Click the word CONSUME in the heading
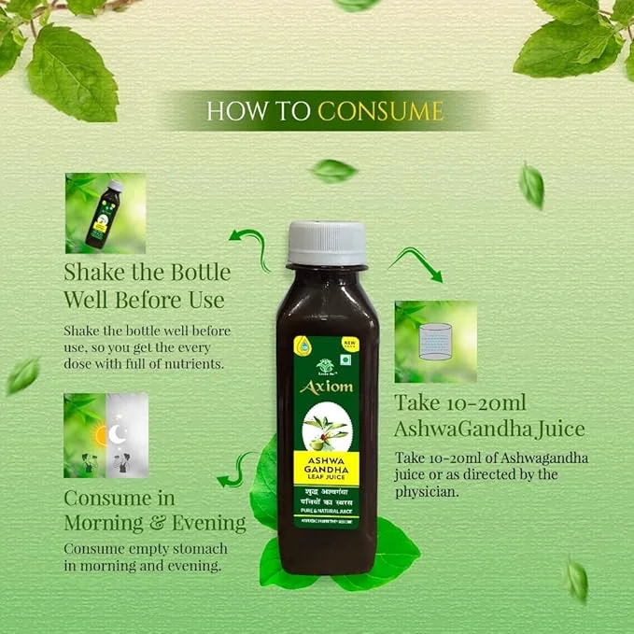pyautogui.click(x=380, y=111)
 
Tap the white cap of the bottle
pyautogui.click(x=326, y=243)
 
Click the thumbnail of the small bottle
pyautogui.click(x=106, y=213)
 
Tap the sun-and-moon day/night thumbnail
pyautogui.click(x=106, y=435)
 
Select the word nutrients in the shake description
pyautogui.click(x=191, y=363)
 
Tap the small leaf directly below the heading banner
pyautogui.click(x=333, y=170)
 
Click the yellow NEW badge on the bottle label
pyautogui.click(x=350, y=345)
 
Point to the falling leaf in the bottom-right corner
pyautogui.click(x=577, y=580)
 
